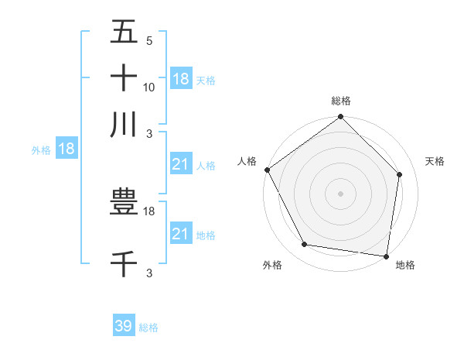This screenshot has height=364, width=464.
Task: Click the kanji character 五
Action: [x=124, y=33]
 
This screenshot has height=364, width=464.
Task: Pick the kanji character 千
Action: [x=124, y=264]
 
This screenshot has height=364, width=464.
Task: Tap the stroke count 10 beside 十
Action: [x=149, y=87]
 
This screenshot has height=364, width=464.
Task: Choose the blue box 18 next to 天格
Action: [x=181, y=78]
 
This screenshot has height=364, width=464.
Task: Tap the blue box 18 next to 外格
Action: [x=67, y=149]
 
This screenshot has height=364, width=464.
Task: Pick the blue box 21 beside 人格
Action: [x=181, y=164]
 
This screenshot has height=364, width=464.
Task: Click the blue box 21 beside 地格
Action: [x=181, y=234]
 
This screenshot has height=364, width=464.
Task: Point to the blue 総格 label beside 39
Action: [x=148, y=328]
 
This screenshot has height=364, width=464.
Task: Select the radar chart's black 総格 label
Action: [x=341, y=101]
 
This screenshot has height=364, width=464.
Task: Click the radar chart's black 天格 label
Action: [x=435, y=161]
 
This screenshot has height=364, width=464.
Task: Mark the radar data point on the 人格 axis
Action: [x=267, y=170]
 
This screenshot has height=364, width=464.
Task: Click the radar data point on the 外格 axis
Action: [x=305, y=245]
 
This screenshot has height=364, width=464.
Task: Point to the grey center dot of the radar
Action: [x=341, y=194]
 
